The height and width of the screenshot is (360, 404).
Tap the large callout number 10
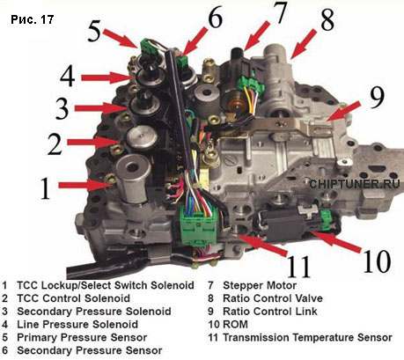coord(377,261)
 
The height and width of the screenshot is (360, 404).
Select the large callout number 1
coord(46,188)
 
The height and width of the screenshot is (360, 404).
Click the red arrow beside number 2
coord(93,143)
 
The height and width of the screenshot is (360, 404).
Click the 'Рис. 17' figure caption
coord(33,19)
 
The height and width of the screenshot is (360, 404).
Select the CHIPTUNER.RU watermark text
coord(355,184)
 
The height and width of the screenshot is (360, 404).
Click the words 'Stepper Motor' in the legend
coord(260,285)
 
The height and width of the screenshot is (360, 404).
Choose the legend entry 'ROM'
coord(235,324)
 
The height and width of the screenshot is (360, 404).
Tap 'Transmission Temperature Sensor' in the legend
coord(307,337)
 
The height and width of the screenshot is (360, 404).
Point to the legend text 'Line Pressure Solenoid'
coord(77,324)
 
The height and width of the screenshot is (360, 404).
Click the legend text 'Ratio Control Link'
coord(270,312)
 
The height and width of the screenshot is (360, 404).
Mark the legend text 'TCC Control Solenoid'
coord(73,298)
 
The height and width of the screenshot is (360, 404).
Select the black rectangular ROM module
coord(282,225)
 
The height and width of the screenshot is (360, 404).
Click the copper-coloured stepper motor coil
coord(235,105)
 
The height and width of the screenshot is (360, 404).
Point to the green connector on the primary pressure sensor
coord(145,45)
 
